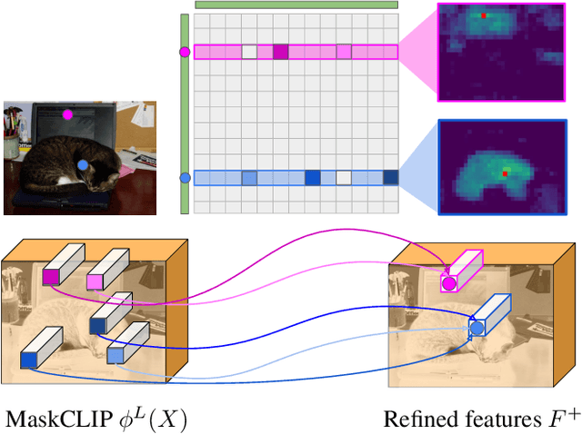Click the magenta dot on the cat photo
coord(67,115)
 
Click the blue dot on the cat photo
coord(83,165)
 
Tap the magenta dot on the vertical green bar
coord(186,53)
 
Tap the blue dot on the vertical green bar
coord(186,178)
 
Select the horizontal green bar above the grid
coord(296,5)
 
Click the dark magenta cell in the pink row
coord(281,53)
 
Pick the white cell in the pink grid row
coord(249,53)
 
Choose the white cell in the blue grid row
coord(344,178)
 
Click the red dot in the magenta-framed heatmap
coord(484,15)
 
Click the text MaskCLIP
coord(50,419)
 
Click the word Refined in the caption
coord(415,419)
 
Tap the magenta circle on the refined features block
coord(447,284)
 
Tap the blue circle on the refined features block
coord(476,327)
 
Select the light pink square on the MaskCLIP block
coord(94,283)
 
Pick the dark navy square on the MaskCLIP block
coord(97,324)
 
